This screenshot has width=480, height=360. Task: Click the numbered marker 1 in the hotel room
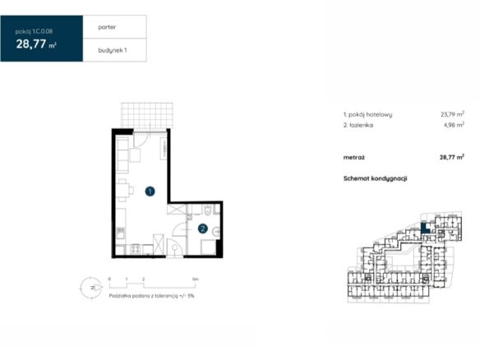(x=150, y=192)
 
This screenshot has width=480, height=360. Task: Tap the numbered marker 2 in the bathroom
(x=203, y=228)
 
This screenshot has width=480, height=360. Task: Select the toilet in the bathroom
(x=208, y=210)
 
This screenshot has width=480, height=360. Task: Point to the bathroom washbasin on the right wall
(x=216, y=231)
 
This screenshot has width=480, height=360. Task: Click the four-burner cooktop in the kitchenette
(x=136, y=249)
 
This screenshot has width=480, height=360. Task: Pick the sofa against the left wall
(x=122, y=155)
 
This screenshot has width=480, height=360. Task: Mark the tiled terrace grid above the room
(x=147, y=115)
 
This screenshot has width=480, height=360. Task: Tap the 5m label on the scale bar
(x=196, y=279)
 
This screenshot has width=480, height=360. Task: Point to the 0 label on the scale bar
(x=109, y=279)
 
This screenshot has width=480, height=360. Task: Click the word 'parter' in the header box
(x=107, y=27)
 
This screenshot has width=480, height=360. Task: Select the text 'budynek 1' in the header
(x=113, y=50)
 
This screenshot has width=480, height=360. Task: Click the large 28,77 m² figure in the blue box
(x=36, y=44)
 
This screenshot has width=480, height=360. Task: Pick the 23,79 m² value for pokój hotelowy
(x=452, y=114)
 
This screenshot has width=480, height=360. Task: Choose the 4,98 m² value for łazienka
(x=454, y=125)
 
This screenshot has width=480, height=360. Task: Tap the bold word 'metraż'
(x=354, y=158)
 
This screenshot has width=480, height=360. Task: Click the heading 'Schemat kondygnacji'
(x=375, y=178)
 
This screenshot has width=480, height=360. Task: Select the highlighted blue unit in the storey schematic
(x=425, y=228)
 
